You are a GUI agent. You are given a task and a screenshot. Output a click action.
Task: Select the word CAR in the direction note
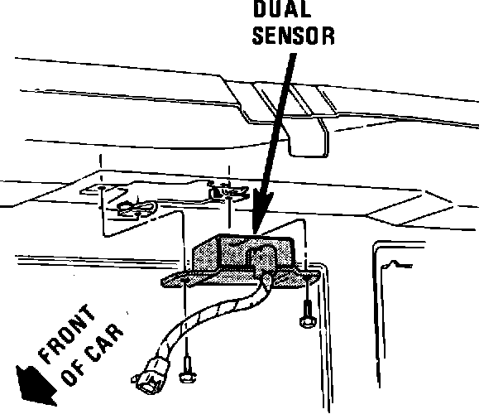[x=105, y=347]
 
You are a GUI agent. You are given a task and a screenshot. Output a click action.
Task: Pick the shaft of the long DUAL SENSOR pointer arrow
[x=273, y=141]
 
